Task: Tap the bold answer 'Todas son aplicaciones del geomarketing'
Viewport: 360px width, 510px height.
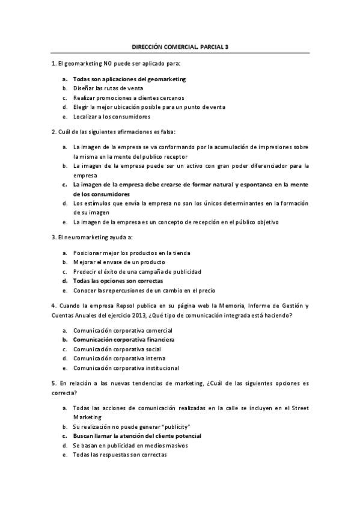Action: (x=129, y=79)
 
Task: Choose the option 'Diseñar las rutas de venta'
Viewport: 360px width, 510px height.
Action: (x=108, y=88)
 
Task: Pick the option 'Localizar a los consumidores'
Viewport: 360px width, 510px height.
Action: (x=111, y=116)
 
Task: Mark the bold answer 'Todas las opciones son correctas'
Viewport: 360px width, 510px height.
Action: (x=118, y=281)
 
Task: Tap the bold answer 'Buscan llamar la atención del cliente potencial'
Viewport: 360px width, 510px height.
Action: (x=136, y=435)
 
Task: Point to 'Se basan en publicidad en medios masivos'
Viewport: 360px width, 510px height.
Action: (x=130, y=445)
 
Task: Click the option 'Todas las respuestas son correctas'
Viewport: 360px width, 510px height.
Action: (x=120, y=455)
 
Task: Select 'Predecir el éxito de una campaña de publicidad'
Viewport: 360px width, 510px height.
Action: (x=137, y=271)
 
